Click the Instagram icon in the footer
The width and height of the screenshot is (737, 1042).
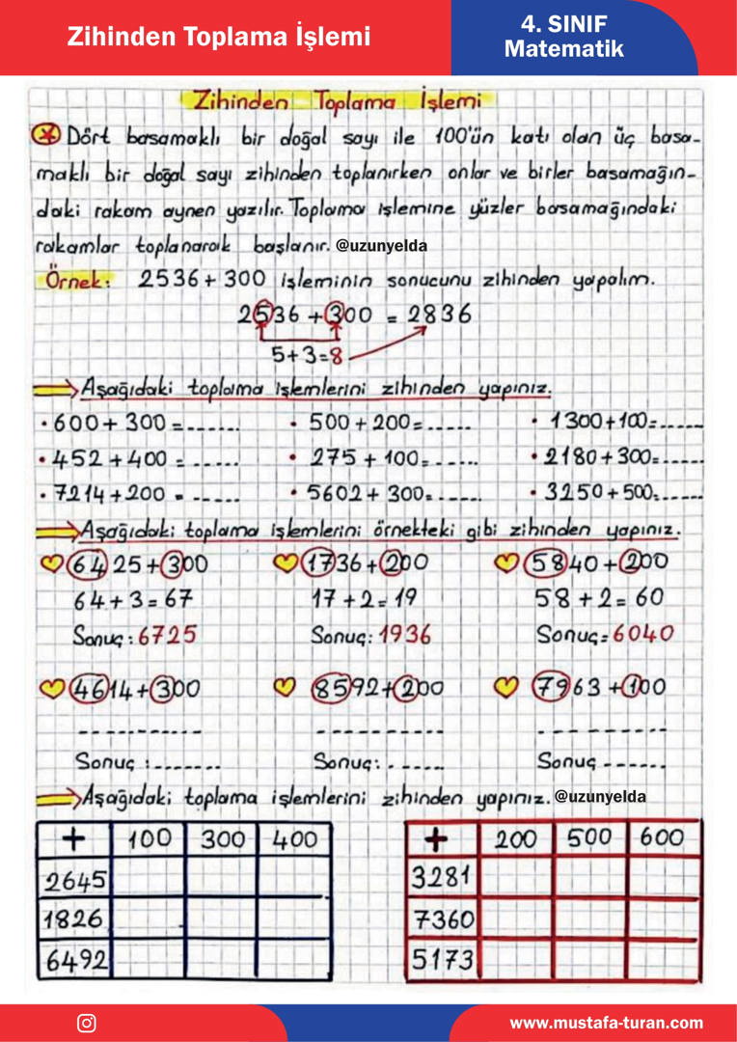click(x=87, y=1023)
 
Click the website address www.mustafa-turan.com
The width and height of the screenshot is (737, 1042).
click(x=606, y=1023)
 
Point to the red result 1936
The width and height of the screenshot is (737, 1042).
click(x=404, y=635)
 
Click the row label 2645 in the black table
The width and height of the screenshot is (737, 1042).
click(x=76, y=879)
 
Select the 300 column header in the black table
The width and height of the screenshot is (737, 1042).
click(x=223, y=839)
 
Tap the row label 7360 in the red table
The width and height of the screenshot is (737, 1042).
click(x=444, y=919)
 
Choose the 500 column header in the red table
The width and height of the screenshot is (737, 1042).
click(x=589, y=838)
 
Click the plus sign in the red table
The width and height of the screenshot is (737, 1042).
click(x=437, y=840)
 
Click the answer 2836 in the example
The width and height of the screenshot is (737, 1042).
click(x=439, y=315)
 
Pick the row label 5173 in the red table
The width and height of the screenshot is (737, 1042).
click(x=444, y=959)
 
